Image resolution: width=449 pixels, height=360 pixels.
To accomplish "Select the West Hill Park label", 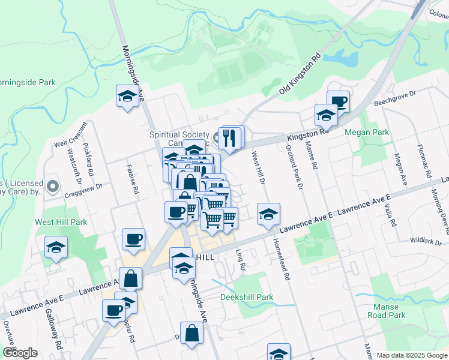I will [61, 222].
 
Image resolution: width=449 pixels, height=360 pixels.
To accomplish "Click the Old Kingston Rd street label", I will [300, 76].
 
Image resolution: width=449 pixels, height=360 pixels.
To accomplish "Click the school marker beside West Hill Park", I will [56, 247].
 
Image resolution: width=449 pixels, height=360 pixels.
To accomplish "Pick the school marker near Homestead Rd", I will [268, 214].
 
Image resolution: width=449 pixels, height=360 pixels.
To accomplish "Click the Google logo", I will [20, 353].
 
